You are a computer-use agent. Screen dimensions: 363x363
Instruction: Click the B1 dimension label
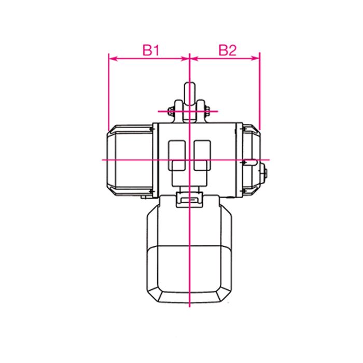pos(150,50)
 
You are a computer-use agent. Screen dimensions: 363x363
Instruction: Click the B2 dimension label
pos(227,50)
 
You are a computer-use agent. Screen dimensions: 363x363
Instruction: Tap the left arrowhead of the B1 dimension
pos(110,59)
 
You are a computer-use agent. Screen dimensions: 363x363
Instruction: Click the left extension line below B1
pos(108,93)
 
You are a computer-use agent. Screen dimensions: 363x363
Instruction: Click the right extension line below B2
pos(259,93)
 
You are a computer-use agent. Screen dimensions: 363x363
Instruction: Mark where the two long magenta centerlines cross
pos(190,160)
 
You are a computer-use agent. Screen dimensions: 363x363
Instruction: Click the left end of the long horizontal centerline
pos(103,160)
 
